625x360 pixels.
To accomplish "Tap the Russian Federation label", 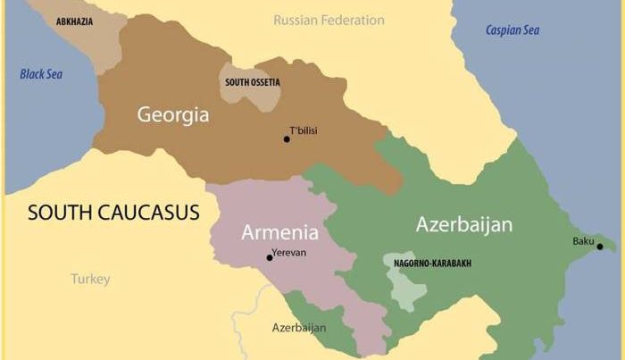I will click(329, 20).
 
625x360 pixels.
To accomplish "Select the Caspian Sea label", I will click(512, 30).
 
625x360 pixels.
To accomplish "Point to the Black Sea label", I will click(42, 73).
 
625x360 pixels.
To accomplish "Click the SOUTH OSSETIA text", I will click(253, 82).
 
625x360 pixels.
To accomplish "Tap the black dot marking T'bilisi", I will click(287, 139).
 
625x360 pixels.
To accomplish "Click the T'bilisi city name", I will click(304, 131).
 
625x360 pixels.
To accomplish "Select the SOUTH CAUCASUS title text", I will click(113, 213).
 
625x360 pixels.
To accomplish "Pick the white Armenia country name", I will click(279, 233).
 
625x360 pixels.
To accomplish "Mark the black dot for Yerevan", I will click(269, 258).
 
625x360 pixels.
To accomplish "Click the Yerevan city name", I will click(288, 253).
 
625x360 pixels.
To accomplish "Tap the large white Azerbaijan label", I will click(463, 224).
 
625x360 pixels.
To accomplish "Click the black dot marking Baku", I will click(599, 247).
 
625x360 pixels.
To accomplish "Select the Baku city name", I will click(583, 241).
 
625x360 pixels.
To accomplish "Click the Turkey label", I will click(90, 280).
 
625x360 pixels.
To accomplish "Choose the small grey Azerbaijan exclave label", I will click(298, 328).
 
